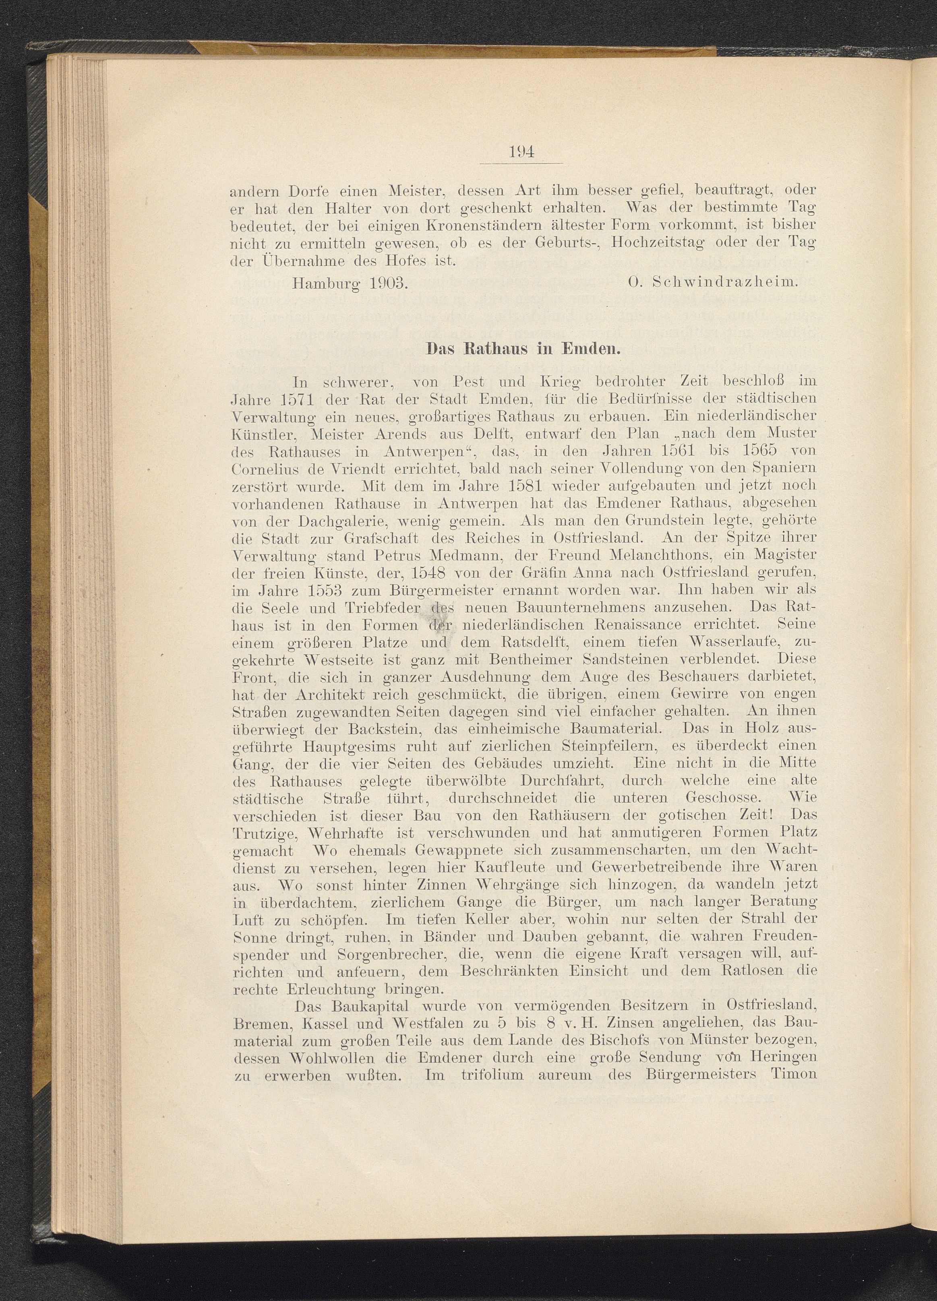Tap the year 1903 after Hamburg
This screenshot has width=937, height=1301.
(386, 283)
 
